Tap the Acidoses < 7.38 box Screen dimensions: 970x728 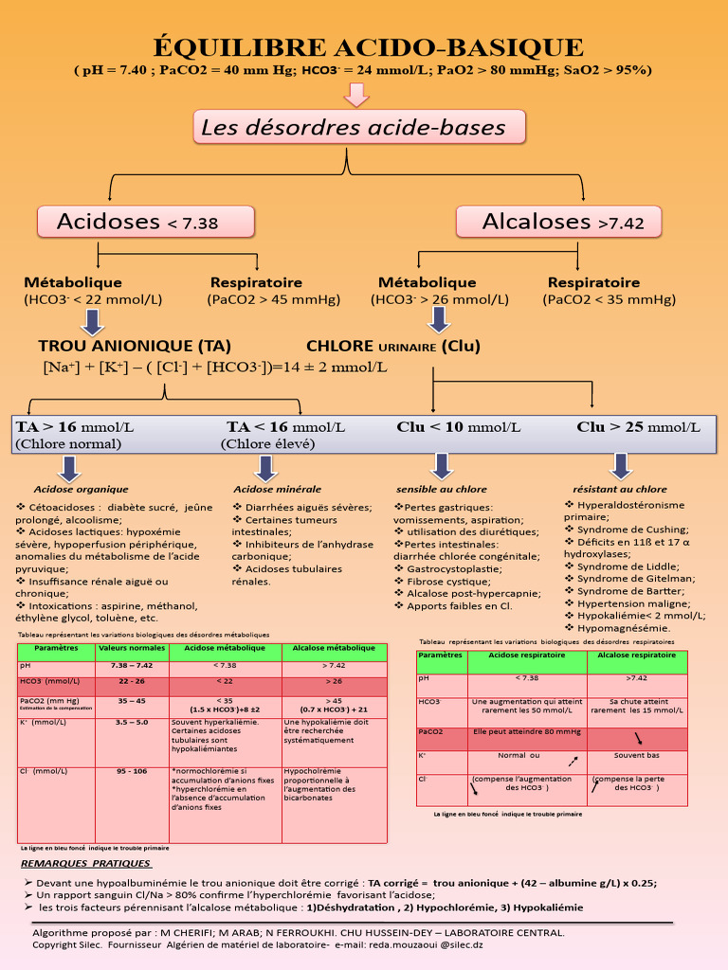coord(146,223)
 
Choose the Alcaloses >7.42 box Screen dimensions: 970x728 coord(562,222)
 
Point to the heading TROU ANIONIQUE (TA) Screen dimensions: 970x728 coord(134,346)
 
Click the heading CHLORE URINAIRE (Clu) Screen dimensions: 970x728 coord(393,346)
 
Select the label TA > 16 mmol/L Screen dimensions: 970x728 coord(74,427)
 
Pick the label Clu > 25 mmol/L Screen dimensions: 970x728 coord(638,427)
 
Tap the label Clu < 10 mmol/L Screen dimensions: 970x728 coord(458,427)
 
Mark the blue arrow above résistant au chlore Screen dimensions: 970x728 coord(621,465)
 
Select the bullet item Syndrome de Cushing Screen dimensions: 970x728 coord(631,530)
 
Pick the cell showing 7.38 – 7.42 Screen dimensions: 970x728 coord(132,666)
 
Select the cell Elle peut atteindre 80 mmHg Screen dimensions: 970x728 coord(527,731)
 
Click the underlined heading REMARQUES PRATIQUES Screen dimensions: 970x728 coord(85,864)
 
